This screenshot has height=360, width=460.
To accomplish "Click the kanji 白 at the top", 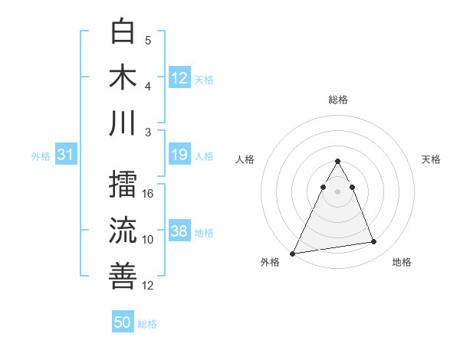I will [x=123, y=32].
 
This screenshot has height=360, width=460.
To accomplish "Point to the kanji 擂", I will [x=123, y=185].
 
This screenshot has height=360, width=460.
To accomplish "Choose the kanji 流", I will [x=123, y=231].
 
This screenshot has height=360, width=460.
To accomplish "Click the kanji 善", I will [x=123, y=276].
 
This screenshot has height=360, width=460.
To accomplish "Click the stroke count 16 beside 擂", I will [x=149, y=193].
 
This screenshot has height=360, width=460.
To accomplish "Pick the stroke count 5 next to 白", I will [x=148, y=40].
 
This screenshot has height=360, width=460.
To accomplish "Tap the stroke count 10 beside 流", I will [x=149, y=239].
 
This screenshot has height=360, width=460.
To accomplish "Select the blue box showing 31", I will [x=65, y=155].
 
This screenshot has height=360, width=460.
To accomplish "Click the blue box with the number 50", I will [x=123, y=322].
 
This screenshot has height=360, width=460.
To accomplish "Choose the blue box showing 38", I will [x=179, y=232].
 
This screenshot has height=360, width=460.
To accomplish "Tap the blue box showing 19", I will [x=179, y=155].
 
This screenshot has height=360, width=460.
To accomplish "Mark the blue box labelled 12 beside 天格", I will [x=179, y=78].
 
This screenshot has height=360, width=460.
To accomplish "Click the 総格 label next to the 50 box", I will [x=148, y=324].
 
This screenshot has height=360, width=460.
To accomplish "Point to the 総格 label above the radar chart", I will [x=337, y=100].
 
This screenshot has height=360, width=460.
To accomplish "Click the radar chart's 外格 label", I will [x=271, y=262].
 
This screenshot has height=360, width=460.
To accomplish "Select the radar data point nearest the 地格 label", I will [x=373, y=242].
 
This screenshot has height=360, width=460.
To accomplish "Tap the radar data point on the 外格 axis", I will [x=292, y=253].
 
